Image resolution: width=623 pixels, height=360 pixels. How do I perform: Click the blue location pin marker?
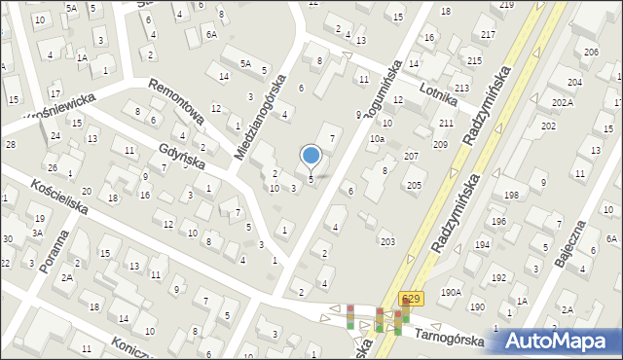tap(311, 155)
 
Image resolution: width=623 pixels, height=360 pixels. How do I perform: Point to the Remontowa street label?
tap(177, 101)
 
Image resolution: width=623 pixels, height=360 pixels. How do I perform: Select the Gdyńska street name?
tap(183, 157)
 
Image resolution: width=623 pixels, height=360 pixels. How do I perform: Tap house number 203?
tap(387, 241)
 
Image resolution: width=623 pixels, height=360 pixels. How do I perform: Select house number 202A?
tap(561, 102)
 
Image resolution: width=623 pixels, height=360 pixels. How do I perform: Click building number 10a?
tap(376, 139)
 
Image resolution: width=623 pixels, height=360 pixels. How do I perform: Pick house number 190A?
tap(450, 291)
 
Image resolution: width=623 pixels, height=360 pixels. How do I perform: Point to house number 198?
tap(511, 196)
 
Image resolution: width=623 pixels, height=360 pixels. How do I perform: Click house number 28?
tap(10, 144)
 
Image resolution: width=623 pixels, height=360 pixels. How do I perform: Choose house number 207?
tap(411, 156)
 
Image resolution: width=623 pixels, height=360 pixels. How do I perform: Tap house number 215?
tap(474, 60)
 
